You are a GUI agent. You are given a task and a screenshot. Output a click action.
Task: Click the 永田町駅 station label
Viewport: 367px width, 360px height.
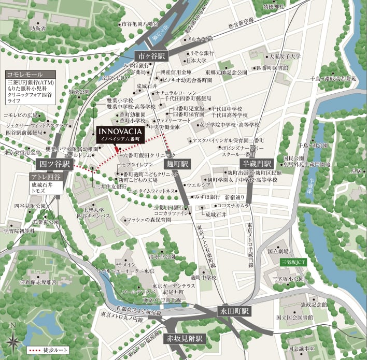[234, 312]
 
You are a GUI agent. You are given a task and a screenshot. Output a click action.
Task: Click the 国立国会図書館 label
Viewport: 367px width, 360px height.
[294, 316]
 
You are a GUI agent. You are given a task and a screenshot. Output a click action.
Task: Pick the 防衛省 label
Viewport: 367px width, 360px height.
[37, 29]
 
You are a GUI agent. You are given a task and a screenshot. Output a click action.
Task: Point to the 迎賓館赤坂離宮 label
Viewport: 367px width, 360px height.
[38, 282]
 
